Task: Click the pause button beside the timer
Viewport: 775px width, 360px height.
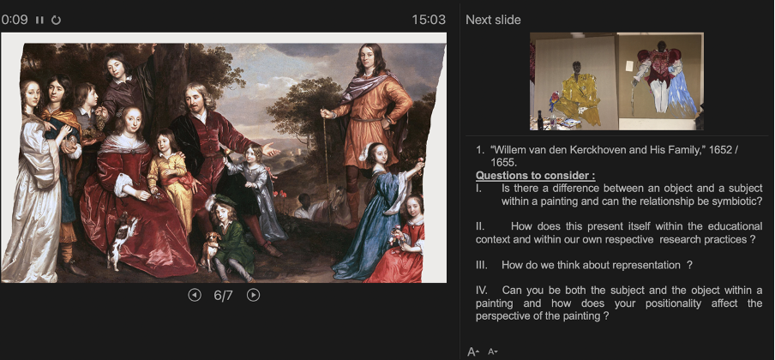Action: point(39,20)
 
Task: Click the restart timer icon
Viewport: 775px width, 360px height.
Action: point(56,20)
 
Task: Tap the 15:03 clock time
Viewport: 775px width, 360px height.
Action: point(429,20)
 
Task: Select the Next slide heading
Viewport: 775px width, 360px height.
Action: point(493,20)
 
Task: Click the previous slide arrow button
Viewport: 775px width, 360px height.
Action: point(195,295)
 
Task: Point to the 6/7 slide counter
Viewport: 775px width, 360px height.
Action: point(224,295)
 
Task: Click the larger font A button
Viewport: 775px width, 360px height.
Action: point(473,352)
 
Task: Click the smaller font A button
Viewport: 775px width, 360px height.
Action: point(492,352)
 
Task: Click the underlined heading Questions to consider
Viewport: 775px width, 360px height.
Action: point(535,176)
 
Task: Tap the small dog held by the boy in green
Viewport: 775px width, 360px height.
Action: point(209,249)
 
